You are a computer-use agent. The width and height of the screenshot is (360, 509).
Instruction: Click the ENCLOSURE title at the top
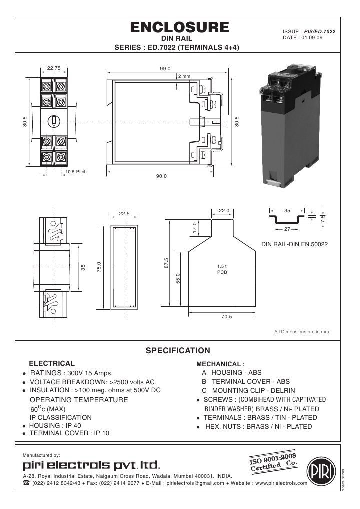click(x=180, y=27)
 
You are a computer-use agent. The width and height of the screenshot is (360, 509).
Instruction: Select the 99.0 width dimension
click(x=165, y=69)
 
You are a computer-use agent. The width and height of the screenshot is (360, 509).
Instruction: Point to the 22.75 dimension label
click(x=54, y=68)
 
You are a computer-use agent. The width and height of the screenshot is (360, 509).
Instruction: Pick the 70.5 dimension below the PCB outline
click(x=226, y=316)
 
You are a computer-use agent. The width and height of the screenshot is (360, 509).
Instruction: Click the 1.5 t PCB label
click(x=222, y=269)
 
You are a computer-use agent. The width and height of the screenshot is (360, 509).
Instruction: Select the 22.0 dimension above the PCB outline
click(x=224, y=210)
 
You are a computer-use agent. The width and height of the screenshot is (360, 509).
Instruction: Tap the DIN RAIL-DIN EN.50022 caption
click(x=295, y=245)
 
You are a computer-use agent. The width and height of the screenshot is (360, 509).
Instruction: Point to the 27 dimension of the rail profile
click(x=287, y=229)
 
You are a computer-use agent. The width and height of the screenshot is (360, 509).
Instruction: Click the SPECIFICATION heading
click(x=178, y=350)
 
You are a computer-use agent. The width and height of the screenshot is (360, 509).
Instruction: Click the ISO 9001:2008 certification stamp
click(x=274, y=461)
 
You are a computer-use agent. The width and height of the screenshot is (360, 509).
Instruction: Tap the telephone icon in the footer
click(x=26, y=483)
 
